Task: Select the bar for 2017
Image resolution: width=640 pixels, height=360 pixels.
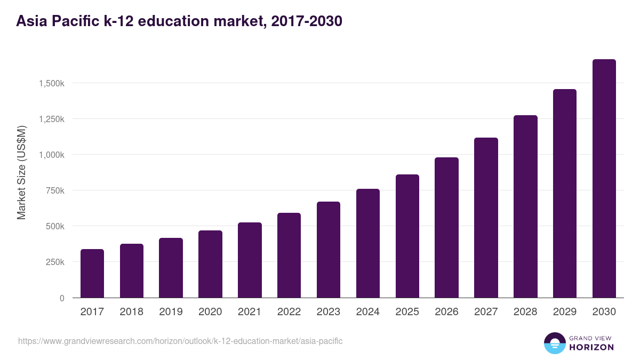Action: (92, 273)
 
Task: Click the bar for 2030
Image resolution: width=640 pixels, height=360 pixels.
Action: (604, 178)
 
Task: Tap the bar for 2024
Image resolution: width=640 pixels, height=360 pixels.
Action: (368, 243)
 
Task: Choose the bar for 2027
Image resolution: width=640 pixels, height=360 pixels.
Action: (486, 218)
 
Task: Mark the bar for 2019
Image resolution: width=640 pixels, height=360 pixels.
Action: (171, 268)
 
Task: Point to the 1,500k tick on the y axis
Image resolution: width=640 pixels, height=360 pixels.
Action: (51, 83)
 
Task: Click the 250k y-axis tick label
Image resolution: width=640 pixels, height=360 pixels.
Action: (54, 262)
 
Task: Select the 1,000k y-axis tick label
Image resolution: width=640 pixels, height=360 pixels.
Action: (51, 155)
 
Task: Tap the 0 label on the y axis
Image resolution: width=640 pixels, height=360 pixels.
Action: (62, 298)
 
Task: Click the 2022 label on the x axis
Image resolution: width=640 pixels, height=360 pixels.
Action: (289, 312)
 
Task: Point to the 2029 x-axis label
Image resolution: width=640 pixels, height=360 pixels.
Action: (565, 312)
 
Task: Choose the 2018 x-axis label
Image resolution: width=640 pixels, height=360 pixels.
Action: (132, 312)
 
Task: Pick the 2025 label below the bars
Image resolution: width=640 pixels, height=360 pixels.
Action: (407, 312)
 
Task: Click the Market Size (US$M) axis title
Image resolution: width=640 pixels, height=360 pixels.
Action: (21, 173)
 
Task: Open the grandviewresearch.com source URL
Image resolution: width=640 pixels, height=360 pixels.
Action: (180, 341)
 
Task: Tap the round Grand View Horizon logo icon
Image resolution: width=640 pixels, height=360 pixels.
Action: (554, 343)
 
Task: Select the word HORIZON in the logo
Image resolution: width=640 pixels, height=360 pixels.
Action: (591, 347)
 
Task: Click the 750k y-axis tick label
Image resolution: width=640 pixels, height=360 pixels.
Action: (54, 190)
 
